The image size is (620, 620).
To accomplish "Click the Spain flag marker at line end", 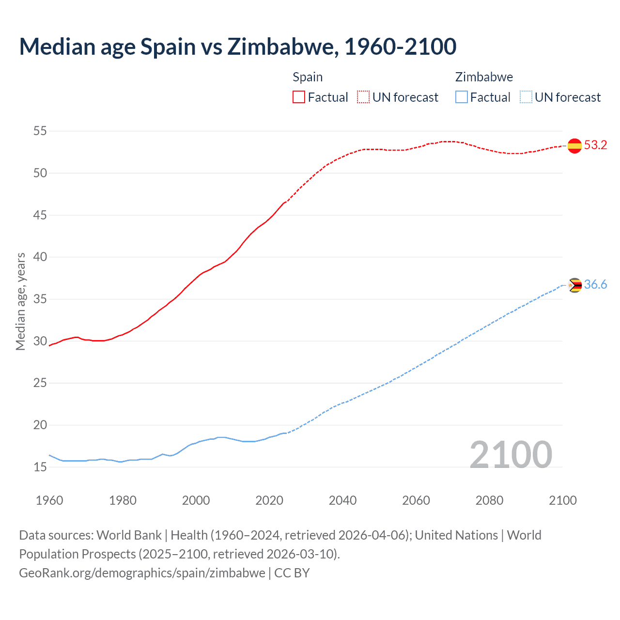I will pos(574,145).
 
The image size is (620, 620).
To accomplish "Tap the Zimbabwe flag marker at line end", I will pos(574,285).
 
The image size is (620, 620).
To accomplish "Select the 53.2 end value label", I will pos(595,145).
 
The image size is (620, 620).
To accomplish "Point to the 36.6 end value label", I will pos(595,285).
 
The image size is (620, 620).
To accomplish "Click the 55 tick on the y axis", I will pos(40,131).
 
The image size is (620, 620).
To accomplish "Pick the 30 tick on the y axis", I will pos(40,341).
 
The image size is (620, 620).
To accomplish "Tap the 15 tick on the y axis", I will pos(40,467).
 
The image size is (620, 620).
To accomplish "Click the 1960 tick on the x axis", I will pos(49,500).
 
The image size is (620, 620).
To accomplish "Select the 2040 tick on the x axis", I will pos(342,500).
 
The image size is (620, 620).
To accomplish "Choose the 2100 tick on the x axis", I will pos(563,500).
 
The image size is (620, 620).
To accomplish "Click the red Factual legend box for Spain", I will pos(299,97).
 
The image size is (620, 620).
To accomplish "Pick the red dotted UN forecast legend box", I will pos(363,97).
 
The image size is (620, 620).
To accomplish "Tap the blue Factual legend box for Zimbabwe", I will pos(461,97).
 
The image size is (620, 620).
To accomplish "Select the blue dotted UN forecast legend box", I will pos(526,97).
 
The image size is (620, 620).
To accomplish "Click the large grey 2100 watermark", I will pos(511,455).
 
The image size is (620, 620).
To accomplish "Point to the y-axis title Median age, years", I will pos(20,301).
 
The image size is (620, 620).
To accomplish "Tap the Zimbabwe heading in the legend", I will pos(484,77).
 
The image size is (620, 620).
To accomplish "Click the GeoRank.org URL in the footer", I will pos(142,573).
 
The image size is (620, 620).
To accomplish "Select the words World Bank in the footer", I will pos(129,535).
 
